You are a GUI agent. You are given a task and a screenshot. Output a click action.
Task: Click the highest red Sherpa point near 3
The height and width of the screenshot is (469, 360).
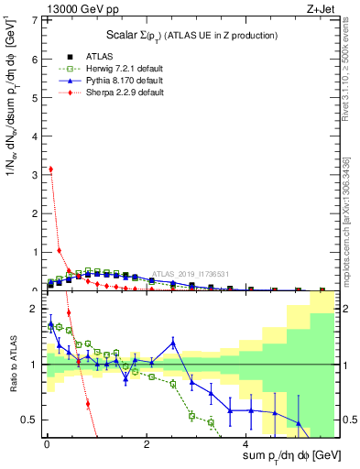pos(50,169)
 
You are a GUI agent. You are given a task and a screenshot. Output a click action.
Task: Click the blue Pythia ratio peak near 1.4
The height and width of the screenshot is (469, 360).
pos(173,343)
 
